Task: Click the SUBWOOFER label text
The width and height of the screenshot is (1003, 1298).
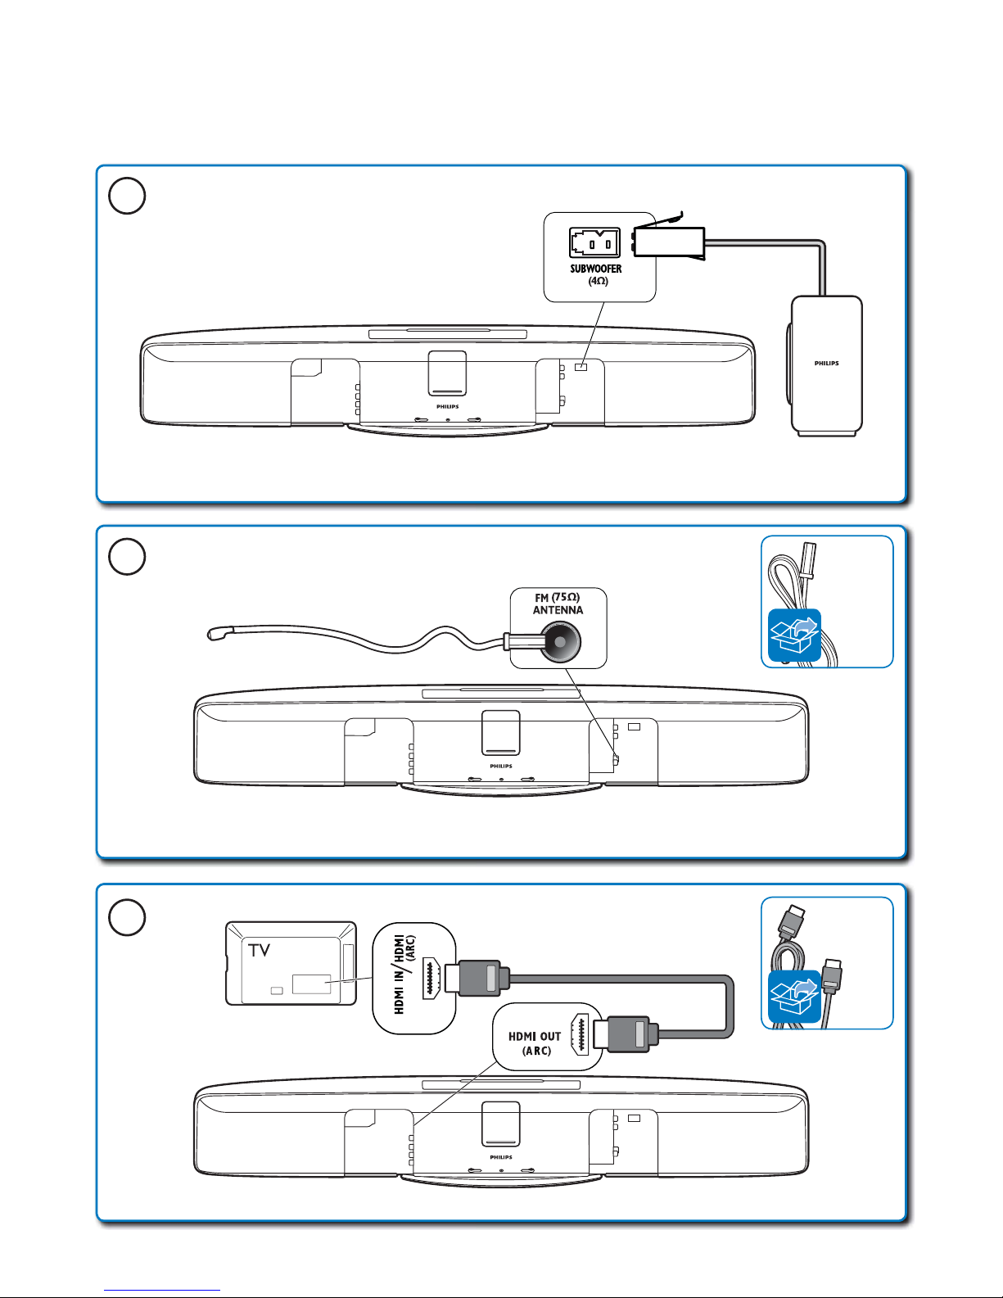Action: click(595, 269)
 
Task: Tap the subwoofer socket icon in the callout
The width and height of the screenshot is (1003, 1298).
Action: click(594, 242)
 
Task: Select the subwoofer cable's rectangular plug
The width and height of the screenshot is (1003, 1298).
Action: click(669, 242)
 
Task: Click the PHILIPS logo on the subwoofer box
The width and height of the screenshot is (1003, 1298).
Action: click(826, 363)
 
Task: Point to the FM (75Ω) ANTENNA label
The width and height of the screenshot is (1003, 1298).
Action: click(558, 604)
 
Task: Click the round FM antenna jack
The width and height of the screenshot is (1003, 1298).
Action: click(559, 641)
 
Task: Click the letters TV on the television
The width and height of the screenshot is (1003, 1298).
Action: click(259, 950)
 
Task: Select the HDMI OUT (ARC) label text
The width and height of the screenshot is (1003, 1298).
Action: click(535, 1043)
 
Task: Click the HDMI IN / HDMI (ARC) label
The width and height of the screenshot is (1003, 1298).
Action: click(404, 975)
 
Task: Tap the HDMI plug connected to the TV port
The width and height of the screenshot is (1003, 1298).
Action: click(477, 978)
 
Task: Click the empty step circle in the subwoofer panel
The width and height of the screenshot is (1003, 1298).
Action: click(127, 196)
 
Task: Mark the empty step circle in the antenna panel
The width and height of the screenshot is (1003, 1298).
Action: click(127, 557)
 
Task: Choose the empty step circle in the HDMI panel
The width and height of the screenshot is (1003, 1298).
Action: click(127, 917)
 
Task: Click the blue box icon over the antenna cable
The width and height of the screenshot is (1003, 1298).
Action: click(794, 635)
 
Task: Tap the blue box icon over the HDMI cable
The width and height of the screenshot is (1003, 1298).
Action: click(794, 997)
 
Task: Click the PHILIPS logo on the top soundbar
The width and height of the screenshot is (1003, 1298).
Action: click(447, 407)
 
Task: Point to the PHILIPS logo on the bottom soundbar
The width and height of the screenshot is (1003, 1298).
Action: click(501, 1157)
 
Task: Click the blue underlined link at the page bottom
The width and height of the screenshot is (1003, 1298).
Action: click(162, 1290)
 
